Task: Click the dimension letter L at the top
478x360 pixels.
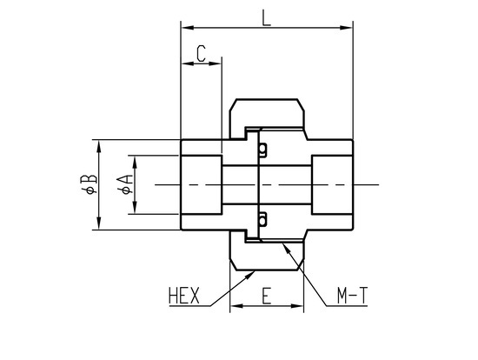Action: point(266,17)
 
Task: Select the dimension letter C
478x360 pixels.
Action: point(202,53)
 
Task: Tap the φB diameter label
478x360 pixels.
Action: point(89,184)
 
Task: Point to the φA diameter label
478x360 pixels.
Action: point(125,184)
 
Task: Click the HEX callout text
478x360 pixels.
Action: point(184,296)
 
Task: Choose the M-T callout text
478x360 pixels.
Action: point(352,296)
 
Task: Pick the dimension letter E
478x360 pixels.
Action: point(267,296)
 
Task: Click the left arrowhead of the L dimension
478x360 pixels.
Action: point(188,28)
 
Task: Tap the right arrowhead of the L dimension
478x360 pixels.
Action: point(346,28)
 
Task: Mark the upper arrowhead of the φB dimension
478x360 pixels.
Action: point(98,146)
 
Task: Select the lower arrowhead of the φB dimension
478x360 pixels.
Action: point(98,223)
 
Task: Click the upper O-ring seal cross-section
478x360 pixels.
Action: point(262,150)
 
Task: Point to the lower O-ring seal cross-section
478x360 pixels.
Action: point(262,219)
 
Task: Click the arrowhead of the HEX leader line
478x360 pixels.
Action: point(250,275)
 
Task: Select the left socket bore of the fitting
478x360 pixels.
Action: point(202,184)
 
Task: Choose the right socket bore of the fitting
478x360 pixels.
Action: point(332,184)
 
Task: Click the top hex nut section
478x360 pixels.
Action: point(267,113)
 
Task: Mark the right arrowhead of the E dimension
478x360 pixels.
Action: point(297,306)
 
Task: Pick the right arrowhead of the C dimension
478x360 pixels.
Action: point(215,63)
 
